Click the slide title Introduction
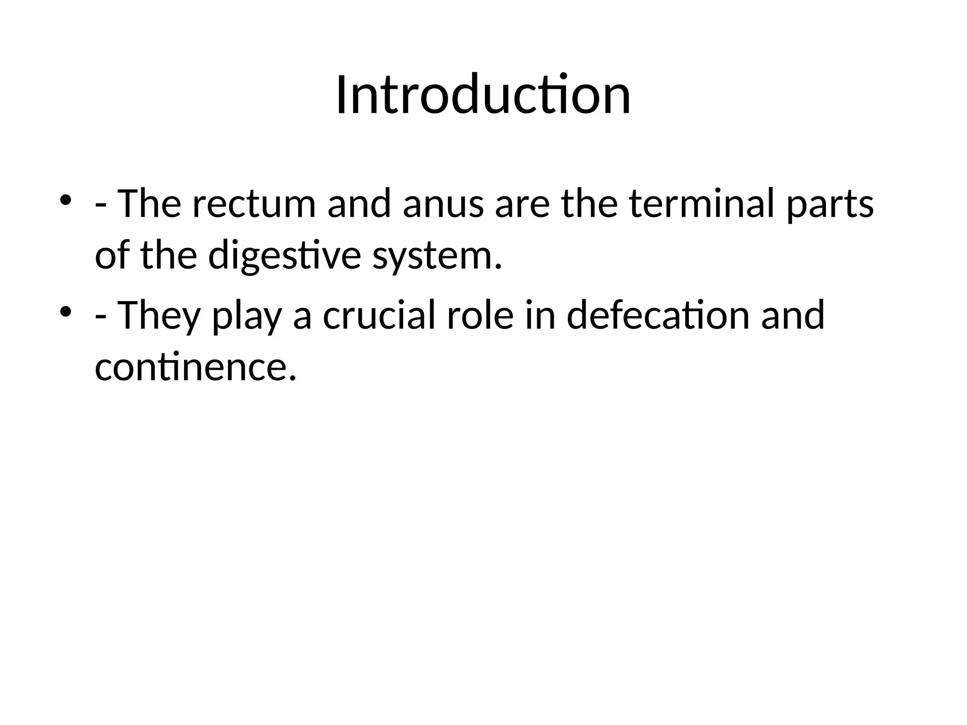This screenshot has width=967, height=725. click(483, 95)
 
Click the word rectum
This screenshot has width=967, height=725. click(254, 204)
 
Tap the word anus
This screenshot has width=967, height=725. click(443, 204)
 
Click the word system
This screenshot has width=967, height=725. click(437, 257)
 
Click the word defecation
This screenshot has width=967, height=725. click(658, 315)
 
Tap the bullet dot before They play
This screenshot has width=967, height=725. click(66, 311)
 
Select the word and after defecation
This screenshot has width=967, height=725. click(793, 315)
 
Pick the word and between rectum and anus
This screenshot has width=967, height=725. click(359, 204)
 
